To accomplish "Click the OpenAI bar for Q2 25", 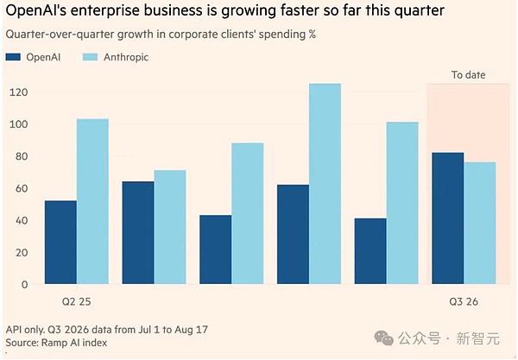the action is point(60,242).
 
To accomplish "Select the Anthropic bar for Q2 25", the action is point(93,201).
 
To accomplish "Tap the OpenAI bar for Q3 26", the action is point(448,218).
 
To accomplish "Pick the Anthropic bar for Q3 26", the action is point(480,223).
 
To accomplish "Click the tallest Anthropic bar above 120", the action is point(325,184).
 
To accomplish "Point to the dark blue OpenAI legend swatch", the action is point(13,57).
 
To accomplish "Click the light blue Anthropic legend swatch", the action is point(90,57).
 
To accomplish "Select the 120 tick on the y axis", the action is point(18,92).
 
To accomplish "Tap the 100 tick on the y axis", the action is point(18,124).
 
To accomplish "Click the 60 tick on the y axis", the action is point(22,188).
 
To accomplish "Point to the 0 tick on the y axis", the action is point(25,285).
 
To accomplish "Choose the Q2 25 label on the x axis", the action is point(76,302).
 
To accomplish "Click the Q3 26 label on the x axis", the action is point(464,302).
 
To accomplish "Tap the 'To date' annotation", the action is point(469,75).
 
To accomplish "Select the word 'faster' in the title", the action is point(300,10).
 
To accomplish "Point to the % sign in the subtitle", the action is point(313,35).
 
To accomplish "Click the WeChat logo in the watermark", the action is point(384,338).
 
